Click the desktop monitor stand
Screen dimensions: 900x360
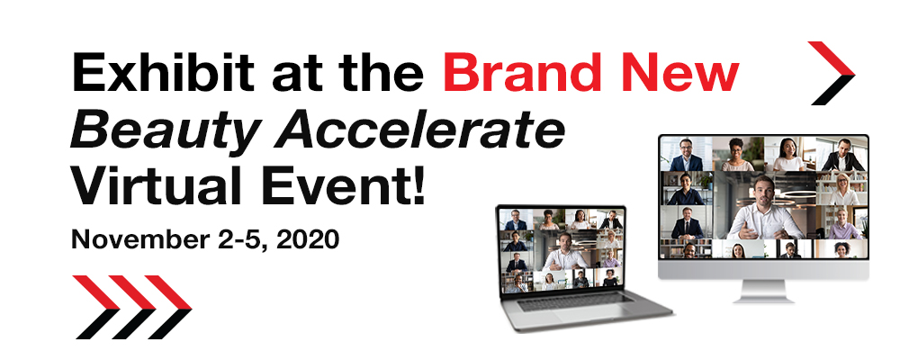pos(763,291)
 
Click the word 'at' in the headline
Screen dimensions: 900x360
pos(296,76)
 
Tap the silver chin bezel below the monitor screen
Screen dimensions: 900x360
pos(763,269)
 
